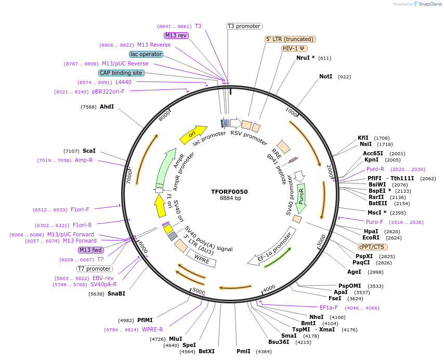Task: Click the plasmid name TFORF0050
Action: coord(229,192)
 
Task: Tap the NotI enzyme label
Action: coord(325,77)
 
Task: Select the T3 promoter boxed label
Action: coord(244,26)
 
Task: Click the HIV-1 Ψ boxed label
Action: coord(293,48)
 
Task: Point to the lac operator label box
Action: coord(146,54)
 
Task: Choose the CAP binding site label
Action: coord(121,73)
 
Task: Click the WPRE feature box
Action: coord(202,259)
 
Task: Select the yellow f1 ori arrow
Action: coord(160,205)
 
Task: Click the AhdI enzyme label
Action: coord(107,107)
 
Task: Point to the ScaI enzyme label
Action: coord(89,151)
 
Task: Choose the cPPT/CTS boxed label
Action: coord(372,247)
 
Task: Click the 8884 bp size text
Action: coord(230,198)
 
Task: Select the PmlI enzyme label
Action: coord(243,352)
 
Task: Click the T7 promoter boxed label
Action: coord(94,269)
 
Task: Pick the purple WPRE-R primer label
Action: coord(153,329)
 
